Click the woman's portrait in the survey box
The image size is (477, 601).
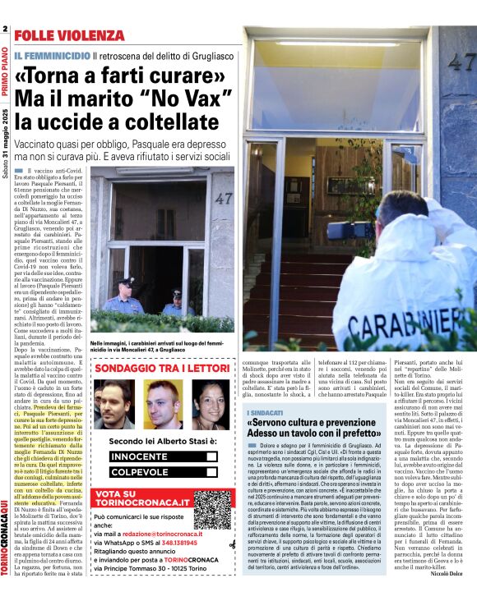[x=211, y=403]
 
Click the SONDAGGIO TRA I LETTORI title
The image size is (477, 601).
[x=161, y=369]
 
